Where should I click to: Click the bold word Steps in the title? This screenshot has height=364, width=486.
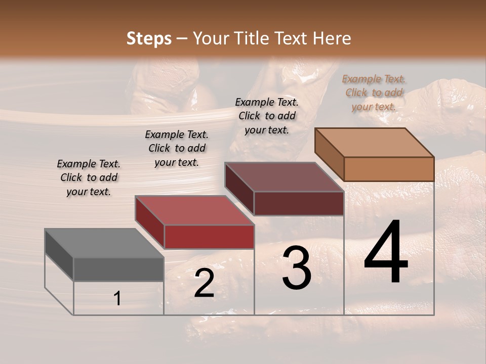click(x=149, y=38)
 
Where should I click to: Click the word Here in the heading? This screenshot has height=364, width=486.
click(x=331, y=38)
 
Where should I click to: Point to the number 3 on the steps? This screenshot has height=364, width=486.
click(x=297, y=268)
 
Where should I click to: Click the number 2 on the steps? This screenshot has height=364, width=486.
click(x=204, y=284)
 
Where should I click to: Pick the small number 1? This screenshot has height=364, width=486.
click(x=117, y=299)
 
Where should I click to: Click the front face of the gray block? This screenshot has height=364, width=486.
click(x=118, y=269)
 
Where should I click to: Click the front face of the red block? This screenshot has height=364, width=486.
click(x=209, y=237)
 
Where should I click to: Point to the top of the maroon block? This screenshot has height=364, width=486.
click(x=284, y=177)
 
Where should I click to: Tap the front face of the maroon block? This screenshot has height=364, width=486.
click(x=299, y=203)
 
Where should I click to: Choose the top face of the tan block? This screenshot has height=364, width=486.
click(x=374, y=142)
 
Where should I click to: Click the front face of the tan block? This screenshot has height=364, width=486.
click(x=389, y=169)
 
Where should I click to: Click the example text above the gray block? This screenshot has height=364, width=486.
click(x=89, y=177)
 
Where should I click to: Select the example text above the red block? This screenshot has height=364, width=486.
click(x=177, y=148)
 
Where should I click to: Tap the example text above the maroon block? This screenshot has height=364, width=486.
click(x=267, y=116)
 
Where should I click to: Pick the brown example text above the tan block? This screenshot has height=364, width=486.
click(x=374, y=93)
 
